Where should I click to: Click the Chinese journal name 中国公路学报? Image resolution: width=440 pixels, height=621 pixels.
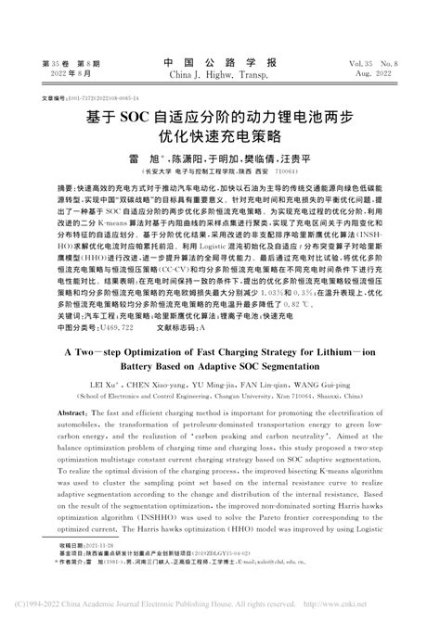tap(219, 63)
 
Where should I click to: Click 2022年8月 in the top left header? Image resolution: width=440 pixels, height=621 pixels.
tap(61, 75)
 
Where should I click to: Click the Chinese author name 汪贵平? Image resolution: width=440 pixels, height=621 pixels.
tap(295, 159)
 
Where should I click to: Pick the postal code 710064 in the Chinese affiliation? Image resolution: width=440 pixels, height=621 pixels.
tap(287, 172)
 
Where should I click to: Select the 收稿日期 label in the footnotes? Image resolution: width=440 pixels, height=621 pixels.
tap(54, 572)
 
